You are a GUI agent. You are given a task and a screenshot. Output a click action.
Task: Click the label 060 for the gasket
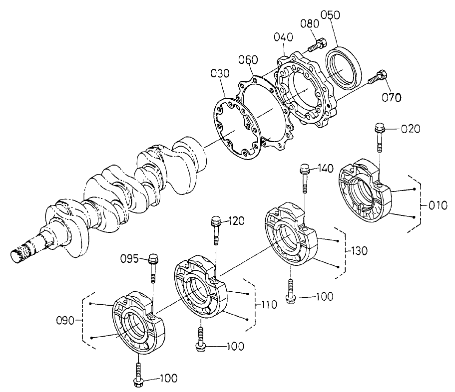248,60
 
